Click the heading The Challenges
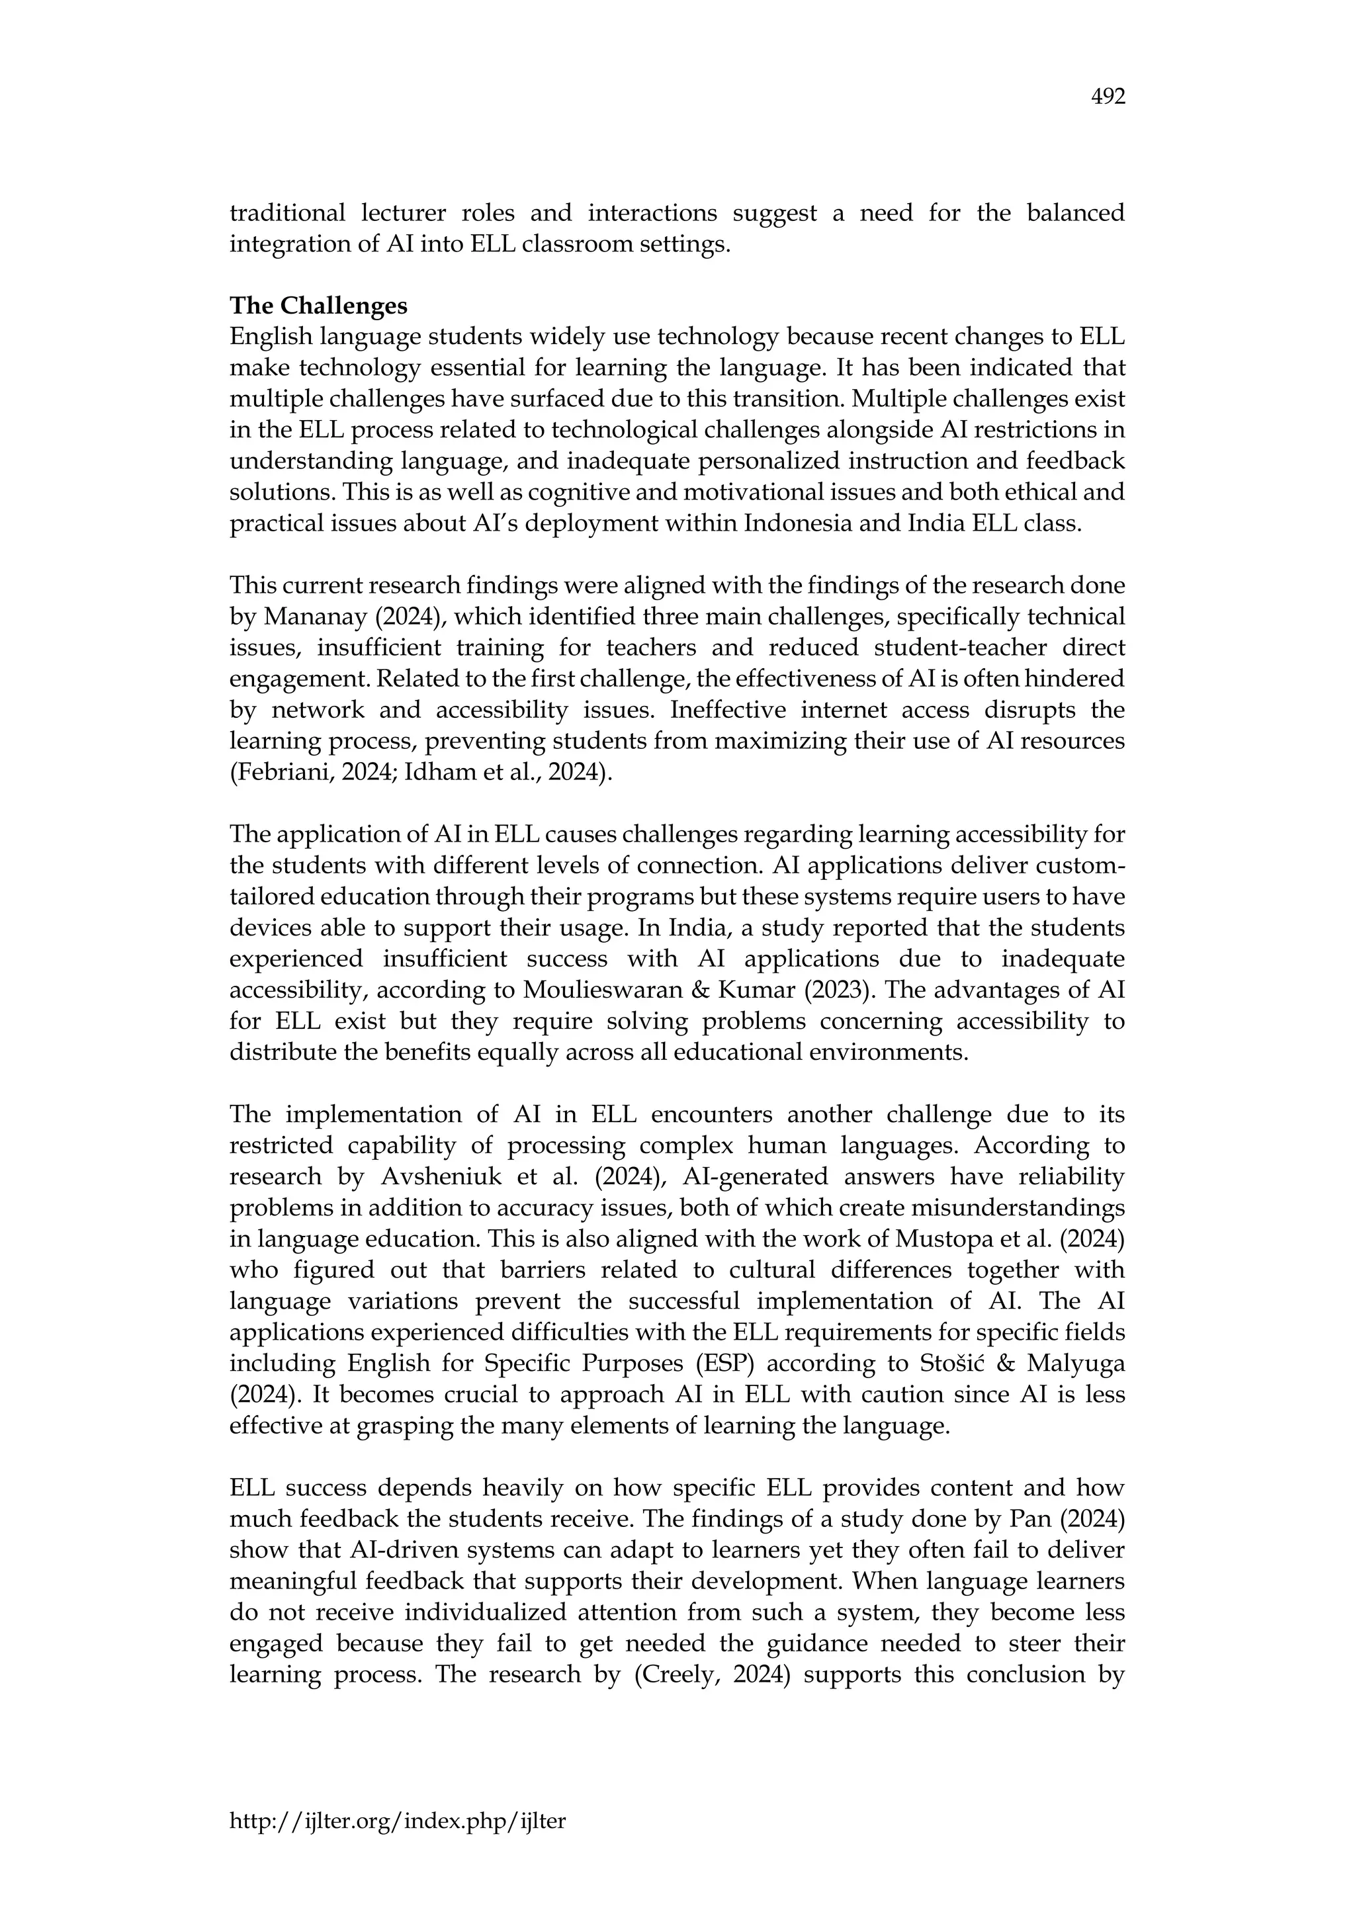coord(318,306)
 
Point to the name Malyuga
coord(1076,1364)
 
